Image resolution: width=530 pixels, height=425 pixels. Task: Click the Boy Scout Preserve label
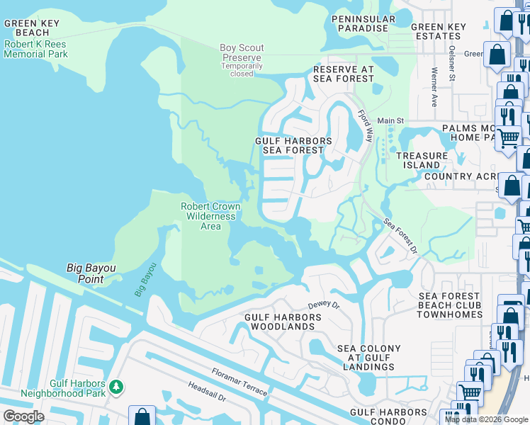[242, 53]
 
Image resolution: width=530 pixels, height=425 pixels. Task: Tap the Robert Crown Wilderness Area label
[210, 216]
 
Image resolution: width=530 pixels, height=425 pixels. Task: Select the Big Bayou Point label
[95, 273]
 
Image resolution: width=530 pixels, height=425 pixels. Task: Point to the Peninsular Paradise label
[361, 23]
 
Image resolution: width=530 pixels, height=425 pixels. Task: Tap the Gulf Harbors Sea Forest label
[293, 145]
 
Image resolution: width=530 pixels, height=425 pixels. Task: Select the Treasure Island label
[422, 160]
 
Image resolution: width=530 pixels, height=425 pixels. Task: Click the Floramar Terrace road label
[239, 382]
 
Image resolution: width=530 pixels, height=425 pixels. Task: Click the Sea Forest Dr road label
[401, 236]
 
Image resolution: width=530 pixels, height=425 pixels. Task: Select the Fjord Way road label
[365, 126]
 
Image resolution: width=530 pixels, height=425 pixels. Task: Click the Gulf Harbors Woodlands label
[279, 322]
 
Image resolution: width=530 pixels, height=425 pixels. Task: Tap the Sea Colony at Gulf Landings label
[368, 358]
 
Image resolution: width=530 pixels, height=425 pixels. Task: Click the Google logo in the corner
[23, 416]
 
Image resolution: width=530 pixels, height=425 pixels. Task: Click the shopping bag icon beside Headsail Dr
[142, 416]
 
